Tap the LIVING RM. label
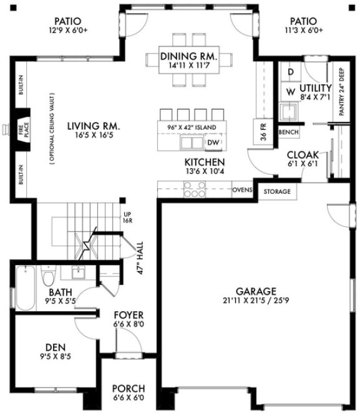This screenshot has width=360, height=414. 93,127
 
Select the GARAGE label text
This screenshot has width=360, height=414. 256,291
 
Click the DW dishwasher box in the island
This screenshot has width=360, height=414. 213,143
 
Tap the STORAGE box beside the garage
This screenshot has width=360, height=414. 276,191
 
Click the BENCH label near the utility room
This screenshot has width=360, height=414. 288,132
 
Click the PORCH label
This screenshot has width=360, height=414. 127,386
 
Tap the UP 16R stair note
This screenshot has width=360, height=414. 128,217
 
